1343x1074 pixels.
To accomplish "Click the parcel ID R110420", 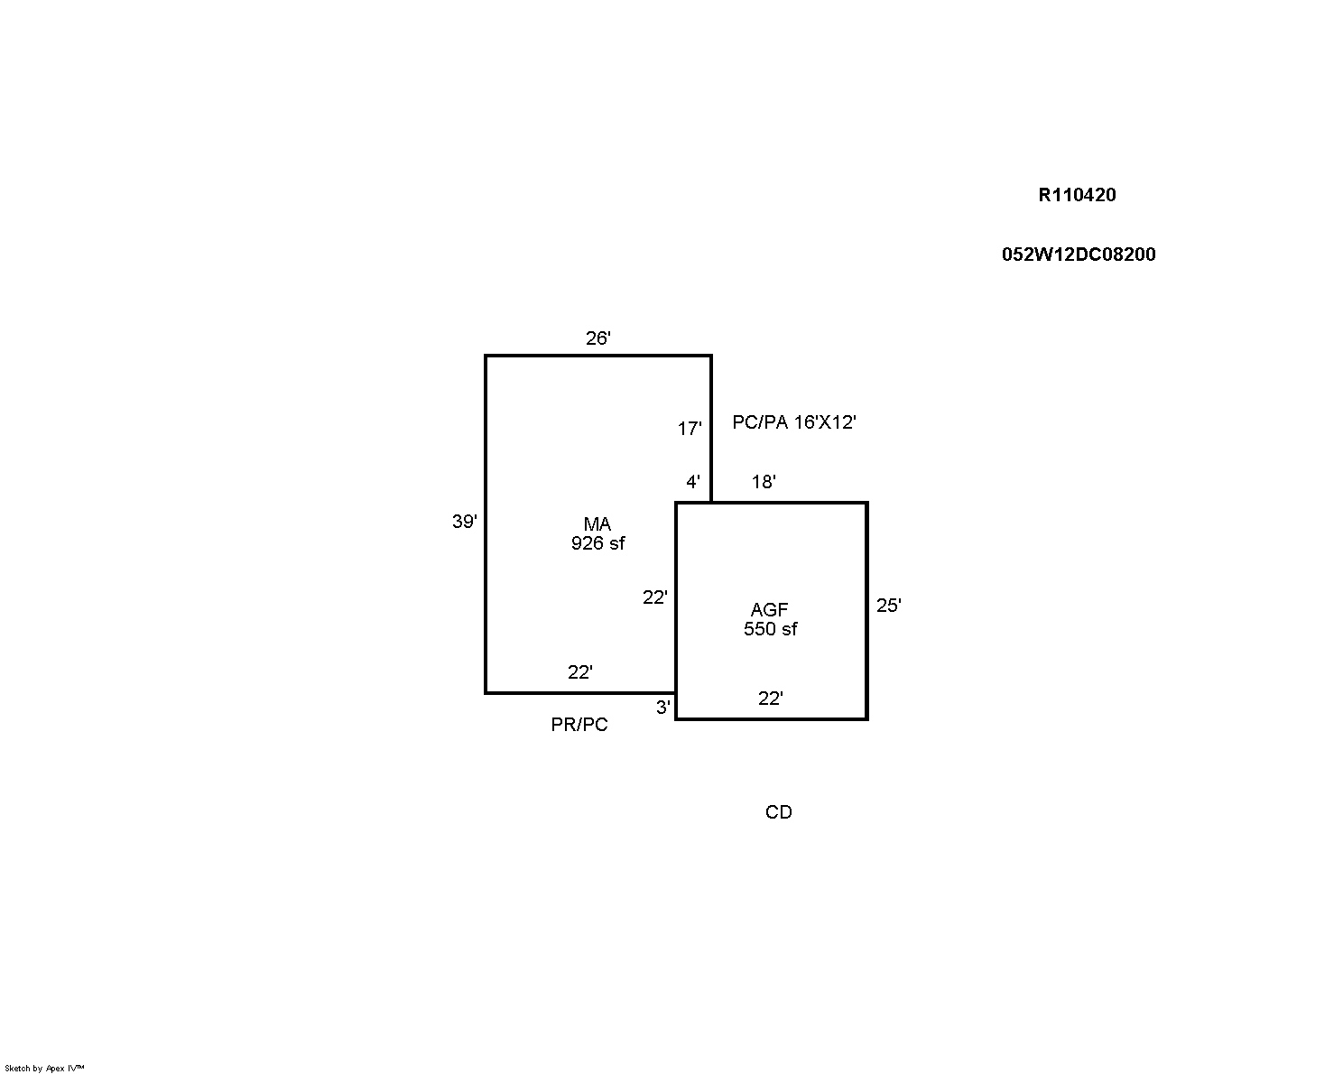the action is (x=1077, y=195).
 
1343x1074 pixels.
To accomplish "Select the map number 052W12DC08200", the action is (x=1079, y=254).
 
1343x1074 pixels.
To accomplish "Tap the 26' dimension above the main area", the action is (x=597, y=338).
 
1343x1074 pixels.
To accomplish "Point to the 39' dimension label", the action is (x=464, y=521).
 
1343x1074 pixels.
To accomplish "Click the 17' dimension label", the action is (x=690, y=428).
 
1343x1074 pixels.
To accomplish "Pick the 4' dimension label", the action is (x=693, y=481).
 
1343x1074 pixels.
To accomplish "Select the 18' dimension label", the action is (x=764, y=481).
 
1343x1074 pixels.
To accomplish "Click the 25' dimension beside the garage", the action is (x=889, y=605).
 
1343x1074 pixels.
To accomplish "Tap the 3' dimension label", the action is (x=662, y=707).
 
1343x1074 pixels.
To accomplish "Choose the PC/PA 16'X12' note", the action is (x=794, y=422).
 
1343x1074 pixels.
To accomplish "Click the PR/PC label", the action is (x=579, y=725).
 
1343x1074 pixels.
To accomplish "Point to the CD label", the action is (x=778, y=812).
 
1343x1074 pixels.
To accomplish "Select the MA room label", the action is (x=597, y=523).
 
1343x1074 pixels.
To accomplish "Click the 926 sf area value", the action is (x=597, y=543).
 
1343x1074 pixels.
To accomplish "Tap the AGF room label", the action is (x=770, y=609).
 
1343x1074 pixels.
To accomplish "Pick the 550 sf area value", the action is (x=770, y=628).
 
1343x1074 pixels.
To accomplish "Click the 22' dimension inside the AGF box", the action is (x=770, y=698).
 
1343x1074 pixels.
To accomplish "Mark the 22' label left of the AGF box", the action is (x=654, y=597).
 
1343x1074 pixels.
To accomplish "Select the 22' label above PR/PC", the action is (x=579, y=672).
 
